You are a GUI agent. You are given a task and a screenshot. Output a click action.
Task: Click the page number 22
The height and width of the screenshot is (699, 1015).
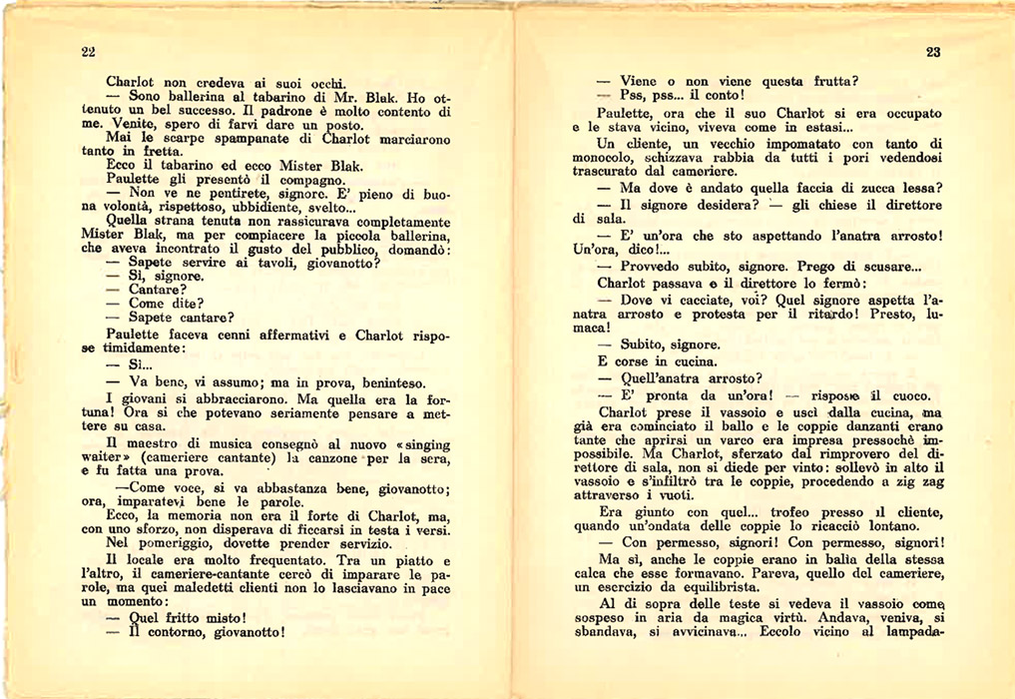coord(88,52)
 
